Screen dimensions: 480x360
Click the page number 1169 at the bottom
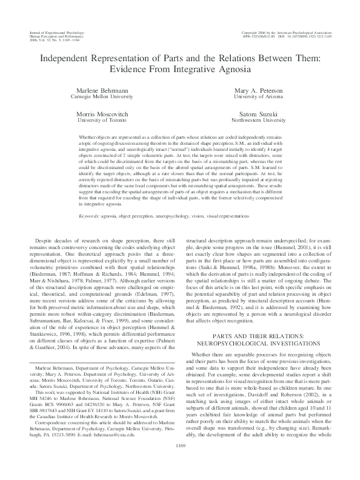[x=180, y=463]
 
